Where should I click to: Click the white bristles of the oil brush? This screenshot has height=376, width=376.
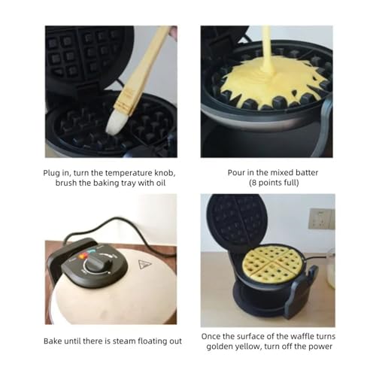click(116, 123)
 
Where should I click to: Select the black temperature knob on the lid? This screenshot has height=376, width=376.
click(97, 262)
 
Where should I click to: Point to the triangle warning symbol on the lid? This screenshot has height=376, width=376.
click(144, 265)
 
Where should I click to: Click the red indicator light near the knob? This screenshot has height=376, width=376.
click(81, 256)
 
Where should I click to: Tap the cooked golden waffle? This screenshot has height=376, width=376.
click(271, 264)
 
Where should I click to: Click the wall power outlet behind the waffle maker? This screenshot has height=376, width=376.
click(322, 219)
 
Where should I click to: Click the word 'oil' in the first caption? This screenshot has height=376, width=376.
click(161, 183)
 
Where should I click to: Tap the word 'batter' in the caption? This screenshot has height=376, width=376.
click(307, 173)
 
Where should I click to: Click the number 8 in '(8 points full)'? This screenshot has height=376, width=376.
click(254, 183)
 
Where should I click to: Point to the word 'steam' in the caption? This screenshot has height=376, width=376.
click(124, 341)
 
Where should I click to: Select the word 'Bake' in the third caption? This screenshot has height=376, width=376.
click(53, 341)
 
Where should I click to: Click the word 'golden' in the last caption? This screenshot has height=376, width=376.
click(220, 347)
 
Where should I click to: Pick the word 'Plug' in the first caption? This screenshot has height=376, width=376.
click(52, 174)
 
